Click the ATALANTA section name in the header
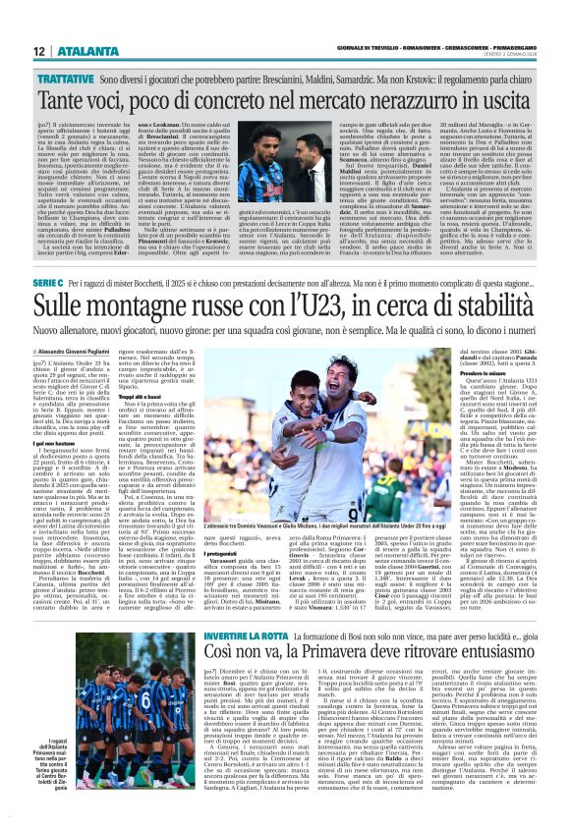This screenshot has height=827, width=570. (81, 51)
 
